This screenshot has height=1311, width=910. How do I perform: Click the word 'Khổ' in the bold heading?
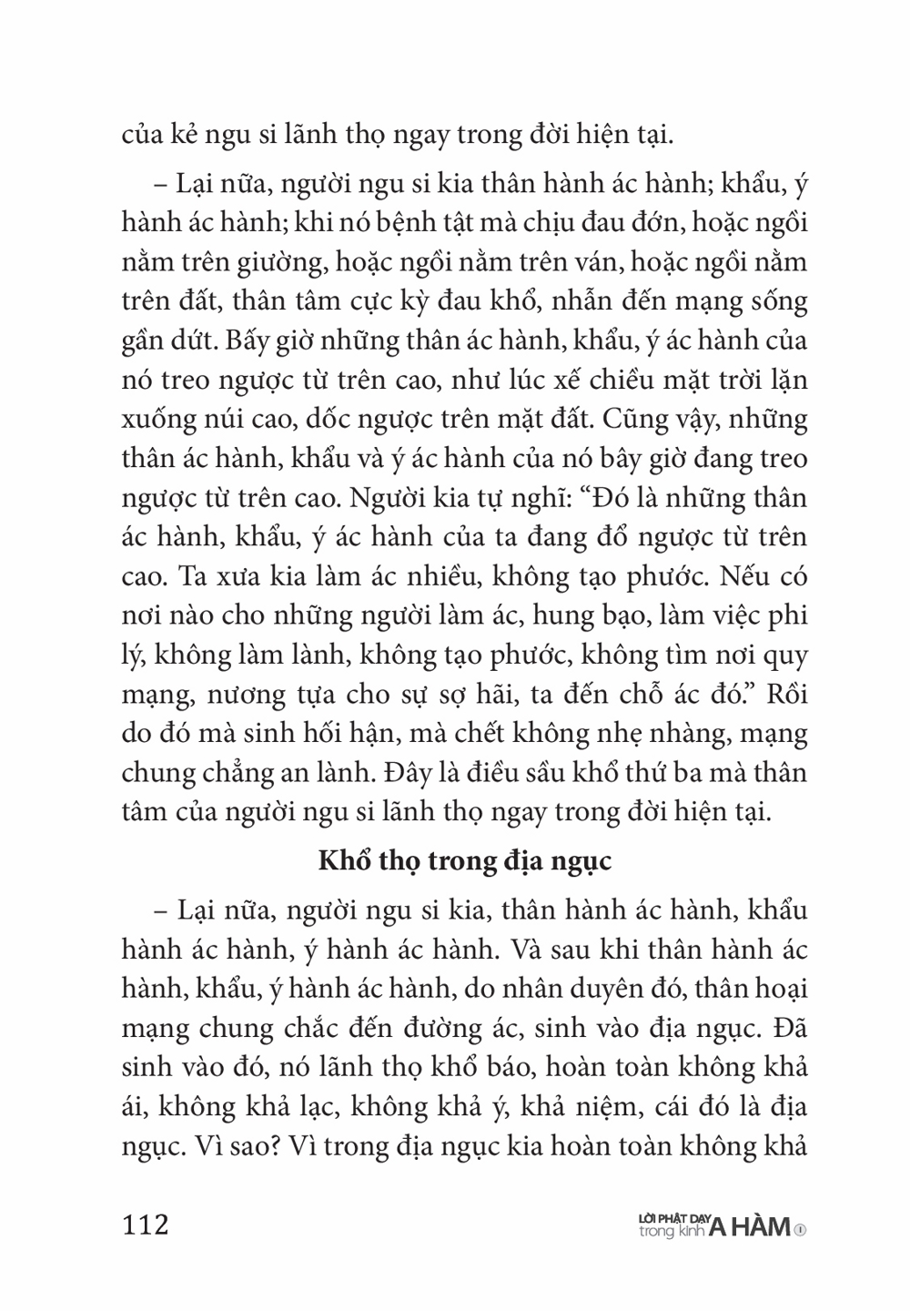pyautogui.click(x=339, y=860)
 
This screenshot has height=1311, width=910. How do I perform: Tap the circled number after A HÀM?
pyautogui.click(x=801, y=1230)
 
